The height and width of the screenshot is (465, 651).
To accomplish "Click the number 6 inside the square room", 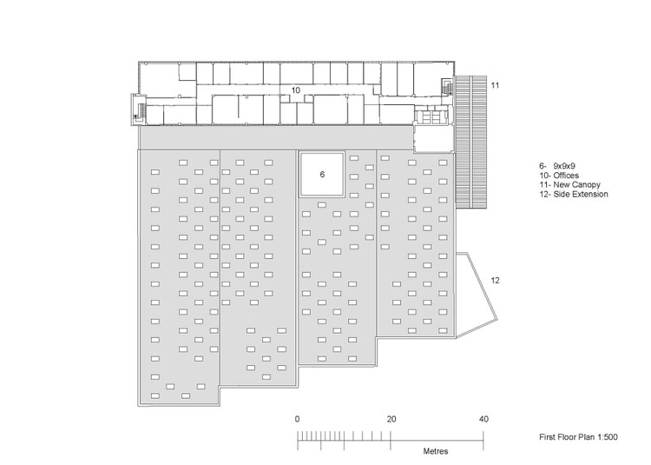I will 322,175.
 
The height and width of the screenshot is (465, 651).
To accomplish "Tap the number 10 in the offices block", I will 295,90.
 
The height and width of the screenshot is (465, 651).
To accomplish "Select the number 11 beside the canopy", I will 496,85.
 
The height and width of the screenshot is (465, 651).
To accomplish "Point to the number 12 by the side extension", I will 496,280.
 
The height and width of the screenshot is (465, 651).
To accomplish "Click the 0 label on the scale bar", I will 298,419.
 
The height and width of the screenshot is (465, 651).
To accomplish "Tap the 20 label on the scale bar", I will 391,419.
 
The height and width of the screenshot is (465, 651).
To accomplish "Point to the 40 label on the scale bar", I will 484,419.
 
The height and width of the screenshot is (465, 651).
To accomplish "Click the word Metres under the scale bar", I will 436,452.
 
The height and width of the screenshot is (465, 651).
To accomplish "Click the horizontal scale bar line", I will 391,440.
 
